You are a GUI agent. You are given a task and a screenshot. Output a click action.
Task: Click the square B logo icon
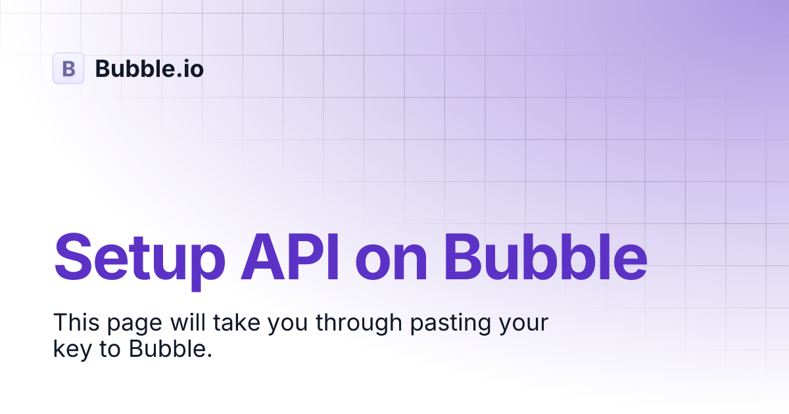[x=68, y=68]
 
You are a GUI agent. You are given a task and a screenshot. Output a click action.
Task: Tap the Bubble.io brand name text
[x=149, y=68]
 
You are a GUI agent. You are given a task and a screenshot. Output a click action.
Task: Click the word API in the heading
[x=290, y=255]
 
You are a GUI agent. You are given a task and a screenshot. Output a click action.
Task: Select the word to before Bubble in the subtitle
[x=111, y=349]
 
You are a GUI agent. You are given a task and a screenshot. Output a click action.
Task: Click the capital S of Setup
[x=72, y=255]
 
